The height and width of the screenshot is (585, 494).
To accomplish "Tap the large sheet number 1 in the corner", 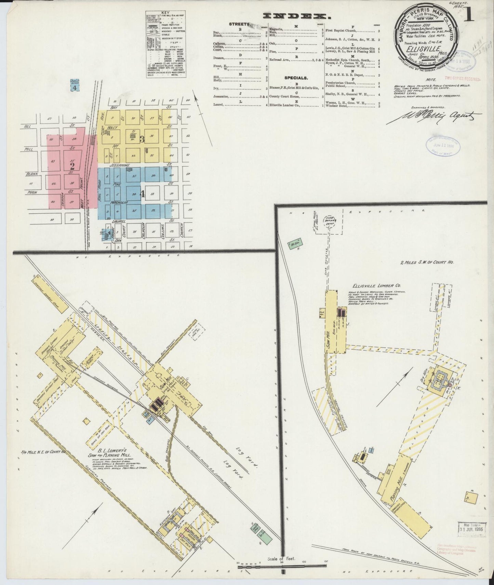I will point(469,17).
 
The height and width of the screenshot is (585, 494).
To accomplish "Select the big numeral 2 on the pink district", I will point(72,166).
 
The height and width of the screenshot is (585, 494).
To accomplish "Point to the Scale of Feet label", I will point(282,559).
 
